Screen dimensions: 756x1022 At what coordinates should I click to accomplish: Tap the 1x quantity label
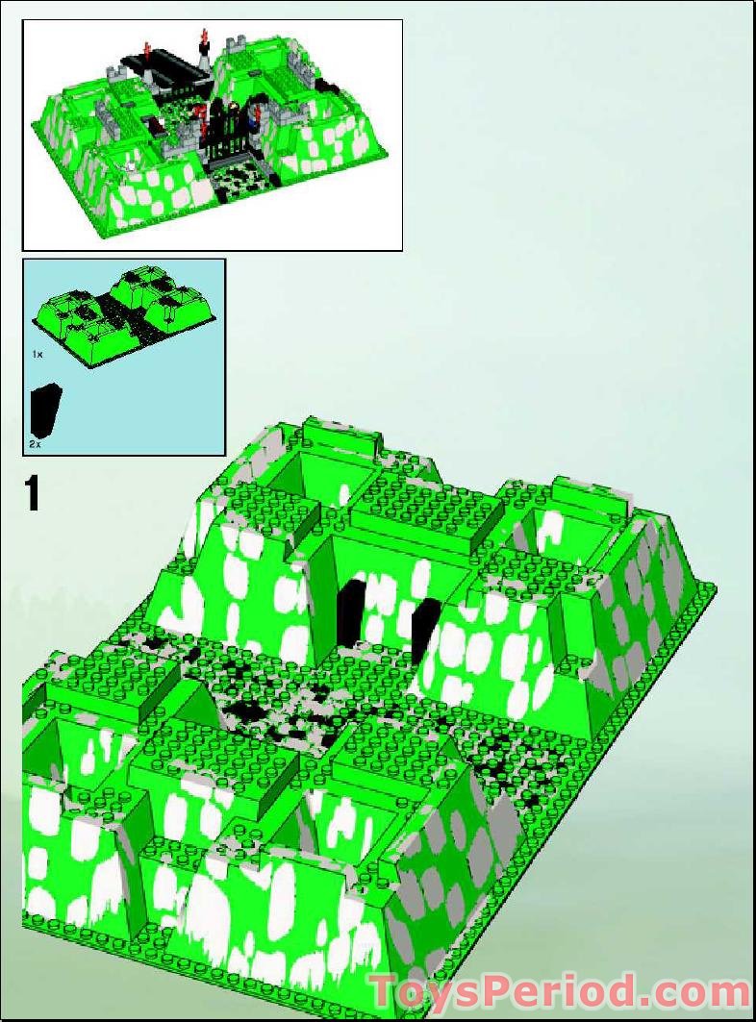click(x=38, y=354)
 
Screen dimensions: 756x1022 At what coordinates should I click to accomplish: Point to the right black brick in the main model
click(x=427, y=629)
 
